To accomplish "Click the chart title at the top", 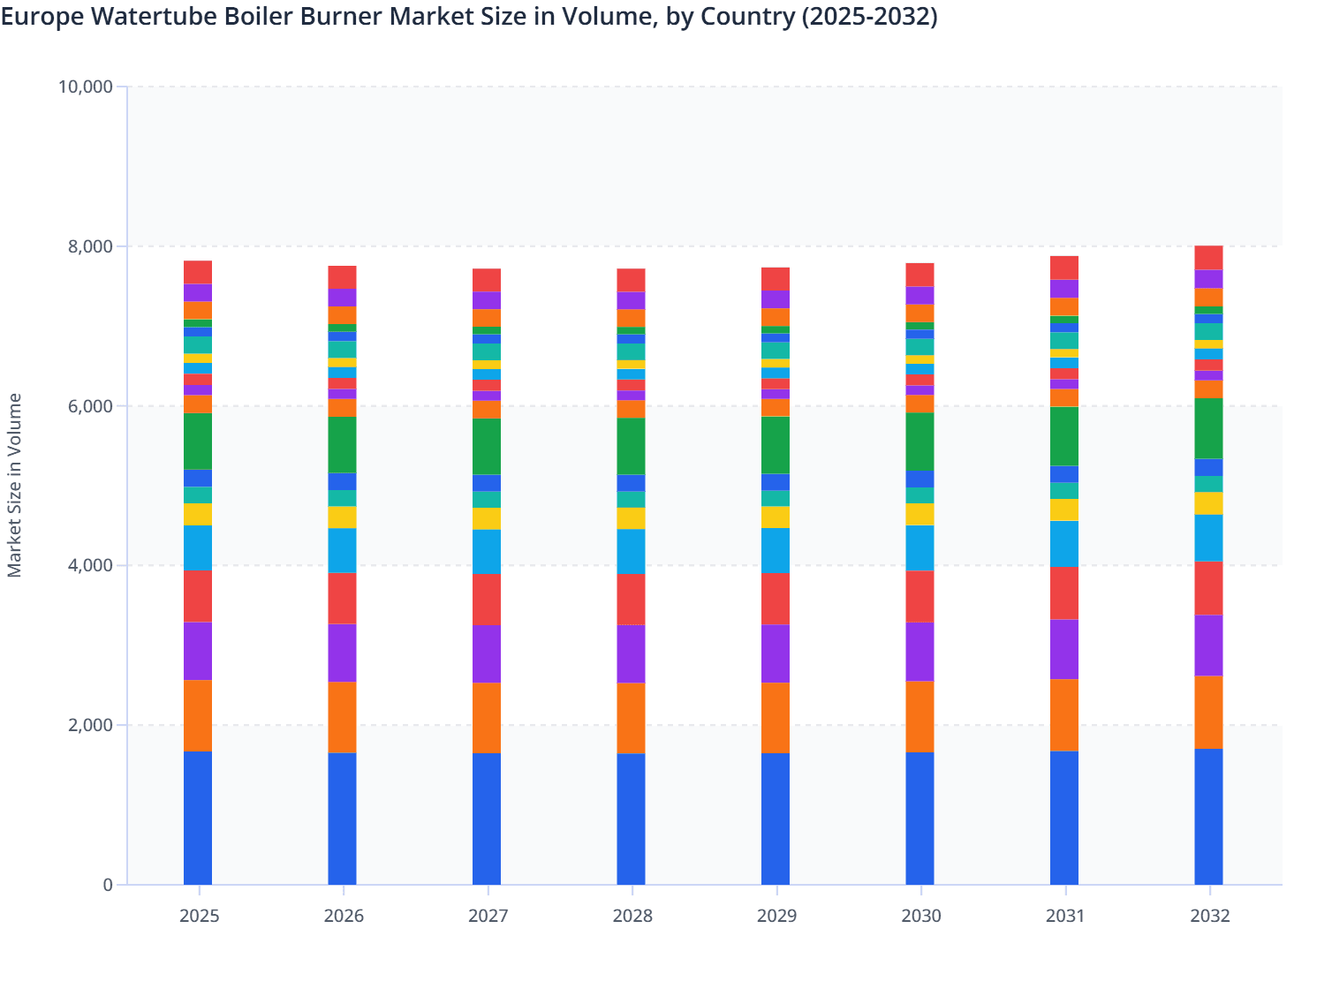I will coord(468,17).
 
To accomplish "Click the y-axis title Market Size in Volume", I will coord(15,486).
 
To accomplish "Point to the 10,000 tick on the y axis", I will coord(86,87).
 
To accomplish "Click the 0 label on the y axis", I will coord(108,885).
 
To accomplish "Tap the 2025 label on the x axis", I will coord(199,916).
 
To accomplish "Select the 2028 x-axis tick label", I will coord(632,916).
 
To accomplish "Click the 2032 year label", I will coord(1209,916).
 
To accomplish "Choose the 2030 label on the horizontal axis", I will coord(920,916).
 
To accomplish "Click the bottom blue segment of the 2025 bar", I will coord(198,818).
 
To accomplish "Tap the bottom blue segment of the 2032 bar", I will coord(1208,817).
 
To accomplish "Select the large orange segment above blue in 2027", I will coord(487,718).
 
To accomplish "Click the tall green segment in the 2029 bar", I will coord(776,445).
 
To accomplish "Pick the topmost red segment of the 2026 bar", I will coord(343,277).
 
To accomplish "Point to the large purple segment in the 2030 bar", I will coord(920,652).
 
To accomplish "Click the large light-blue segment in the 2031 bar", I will coord(1064,544).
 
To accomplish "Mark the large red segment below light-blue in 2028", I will coord(631,600).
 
